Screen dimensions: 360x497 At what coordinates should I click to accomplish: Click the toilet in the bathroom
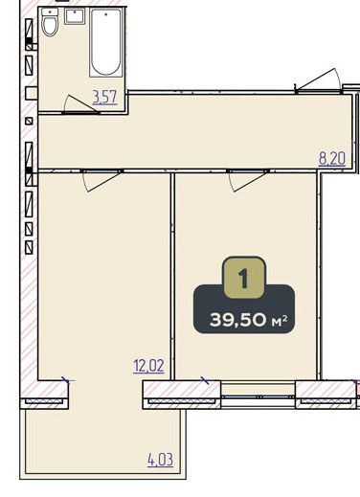pyautogui.click(x=50, y=22)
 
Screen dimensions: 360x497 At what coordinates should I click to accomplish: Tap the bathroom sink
pyautogui.click(x=75, y=16)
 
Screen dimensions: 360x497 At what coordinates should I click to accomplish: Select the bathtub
pyautogui.click(x=106, y=42)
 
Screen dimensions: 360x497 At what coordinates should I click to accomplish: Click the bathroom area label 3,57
pyautogui.click(x=104, y=97)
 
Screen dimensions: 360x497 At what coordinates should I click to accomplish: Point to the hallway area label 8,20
pyautogui.click(x=332, y=159)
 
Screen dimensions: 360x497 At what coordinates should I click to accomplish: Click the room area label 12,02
pyautogui.click(x=148, y=366)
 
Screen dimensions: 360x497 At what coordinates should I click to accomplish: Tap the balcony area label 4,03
pyautogui.click(x=160, y=460)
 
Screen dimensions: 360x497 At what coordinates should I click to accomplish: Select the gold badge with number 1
pyautogui.click(x=244, y=278)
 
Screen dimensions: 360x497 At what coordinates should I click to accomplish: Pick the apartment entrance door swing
pyautogui.click(x=318, y=80)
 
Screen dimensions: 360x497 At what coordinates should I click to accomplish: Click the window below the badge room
pyautogui.click(x=259, y=396)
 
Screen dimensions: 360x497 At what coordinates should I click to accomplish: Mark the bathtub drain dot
pyautogui.click(x=106, y=14)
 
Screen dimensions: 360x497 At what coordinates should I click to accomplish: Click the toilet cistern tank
pyautogui.click(x=50, y=11)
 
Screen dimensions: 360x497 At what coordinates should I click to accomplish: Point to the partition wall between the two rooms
pyautogui.click(x=172, y=277)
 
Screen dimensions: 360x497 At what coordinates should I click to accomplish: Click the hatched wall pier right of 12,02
pyautogui.click(x=182, y=395)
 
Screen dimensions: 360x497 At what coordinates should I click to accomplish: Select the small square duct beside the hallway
pyautogui.click(x=29, y=121)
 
